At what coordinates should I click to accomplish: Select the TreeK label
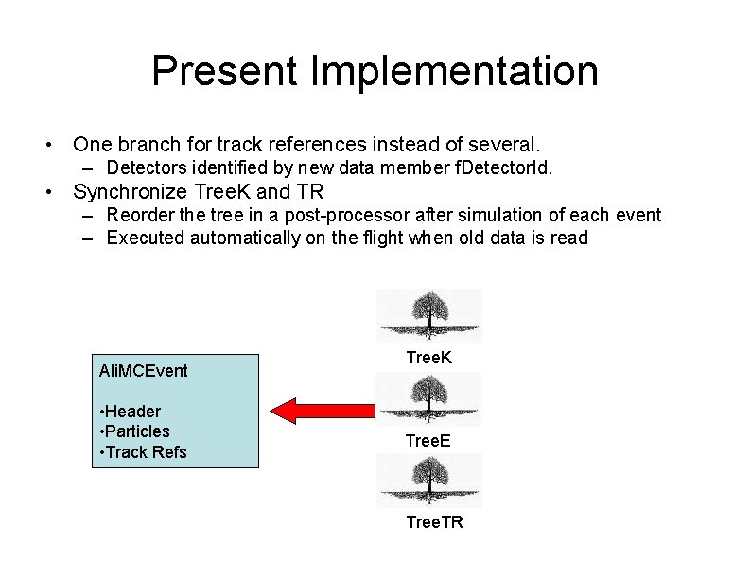[x=428, y=358]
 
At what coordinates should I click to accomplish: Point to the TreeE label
[x=428, y=441]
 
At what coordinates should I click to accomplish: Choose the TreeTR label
[x=434, y=522]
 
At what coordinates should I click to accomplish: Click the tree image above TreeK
[x=429, y=315]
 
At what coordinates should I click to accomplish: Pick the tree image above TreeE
[x=429, y=398]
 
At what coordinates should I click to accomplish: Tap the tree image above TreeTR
[x=429, y=481]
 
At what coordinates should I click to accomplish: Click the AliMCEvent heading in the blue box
[x=143, y=370]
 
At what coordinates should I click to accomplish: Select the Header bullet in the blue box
[x=131, y=411]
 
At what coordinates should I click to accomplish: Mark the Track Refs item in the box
[x=143, y=452]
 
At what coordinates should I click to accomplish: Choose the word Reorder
[x=139, y=215]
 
